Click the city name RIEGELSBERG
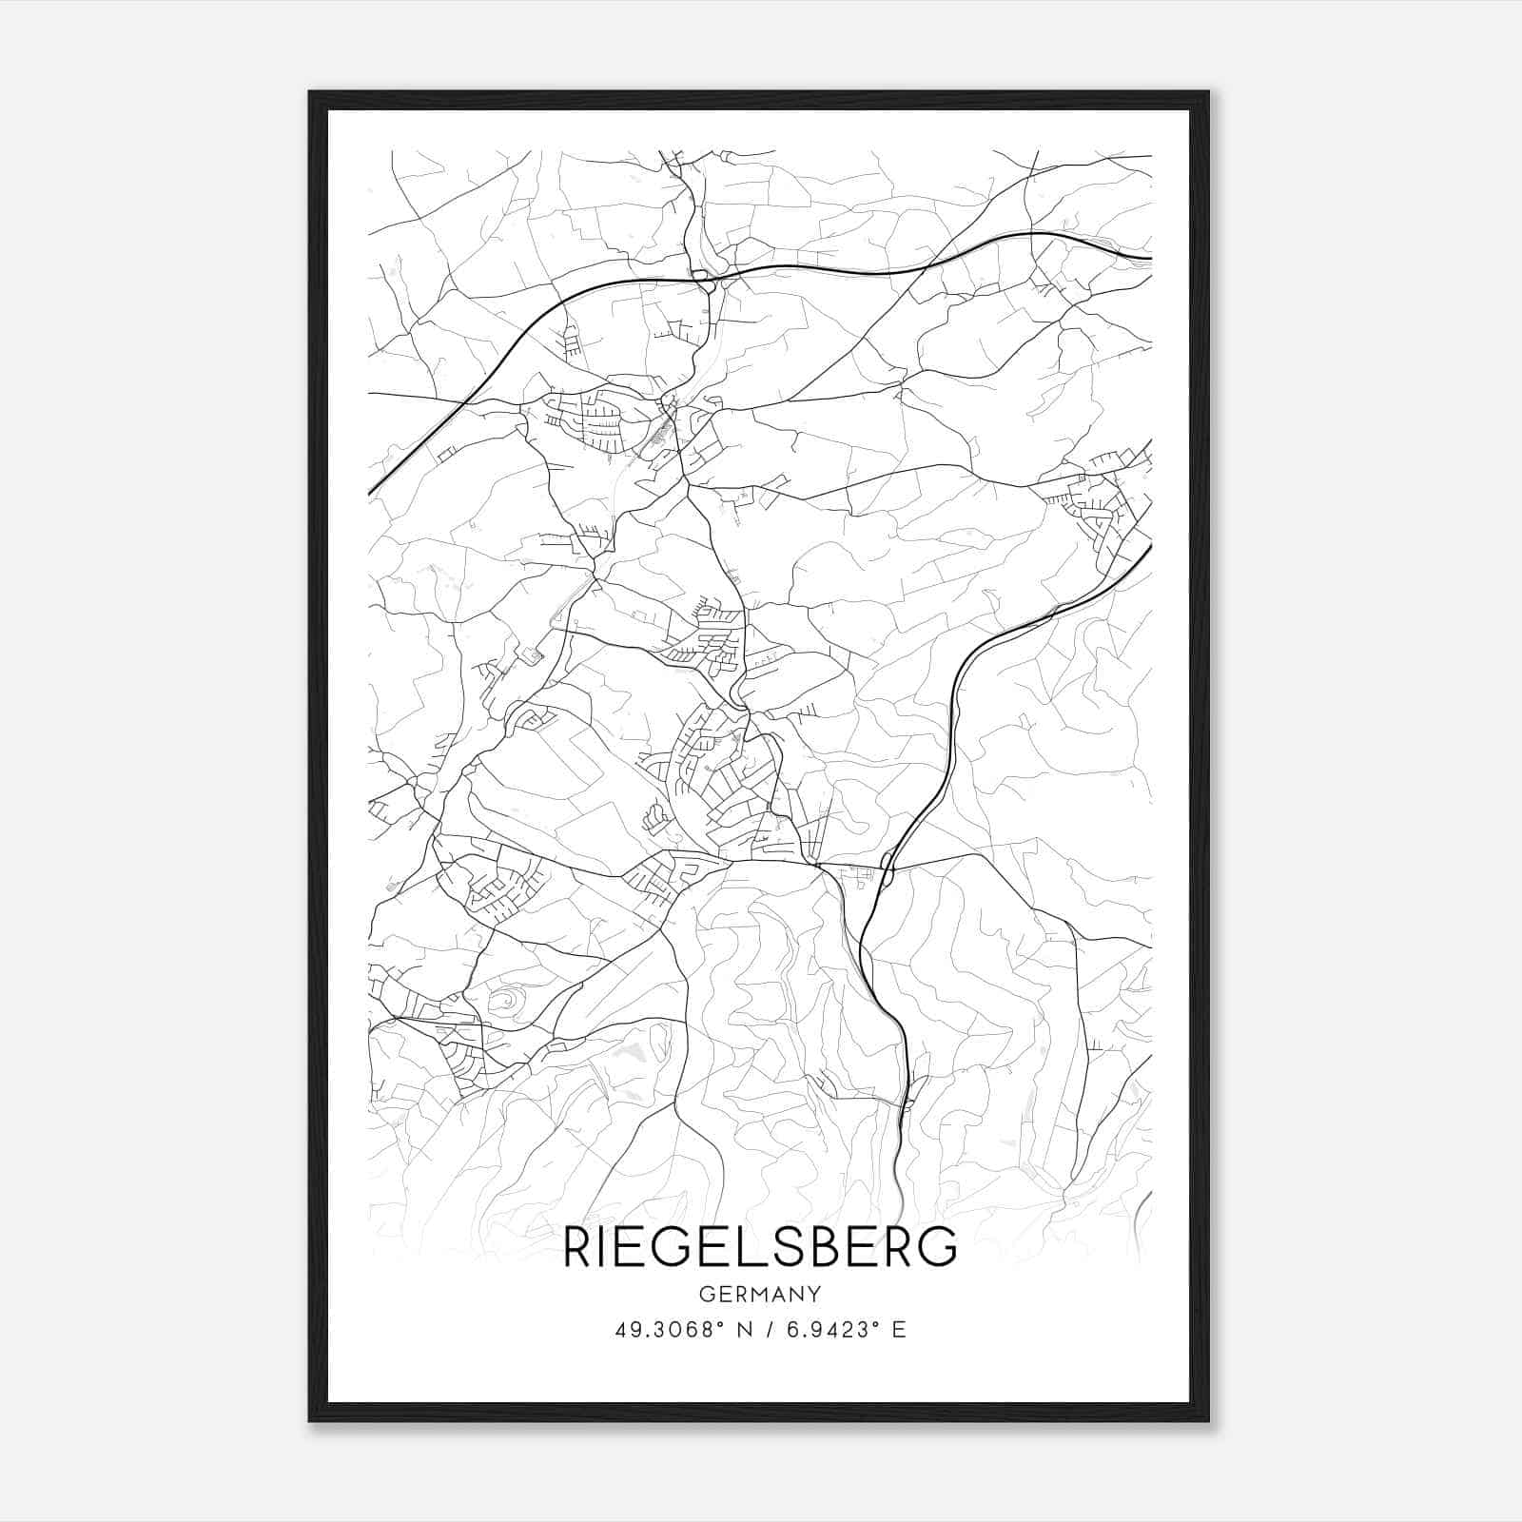[x=760, y=1247]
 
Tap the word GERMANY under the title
[x=760, y=1295]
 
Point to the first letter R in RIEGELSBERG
[x=576, y=1247]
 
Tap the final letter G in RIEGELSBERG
[x=940, y=1247]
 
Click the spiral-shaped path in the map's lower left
[x=504, y=1001]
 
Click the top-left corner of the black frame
[x=310, y=93]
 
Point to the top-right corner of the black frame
[x=1207, y=93]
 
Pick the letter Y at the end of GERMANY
[x=815, y=1295]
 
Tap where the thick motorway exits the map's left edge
[x=371, y=492]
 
